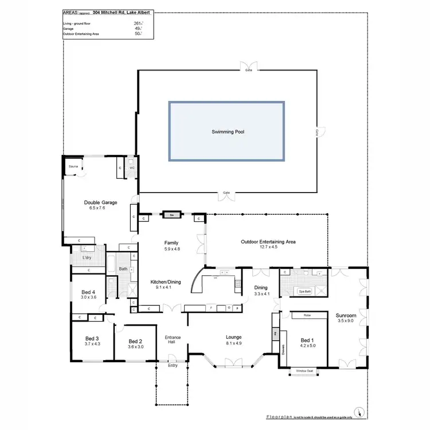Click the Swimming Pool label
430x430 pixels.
[x=226, y=132]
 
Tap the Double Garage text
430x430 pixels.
[x=100, y=202]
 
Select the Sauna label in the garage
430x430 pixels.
[x=73, y=166]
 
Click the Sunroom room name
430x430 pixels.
[x=346, y=315]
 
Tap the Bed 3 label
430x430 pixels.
[x=92, y=338]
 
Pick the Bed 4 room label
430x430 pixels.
[x=89, y=291]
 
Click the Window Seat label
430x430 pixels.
[x=304, y=371]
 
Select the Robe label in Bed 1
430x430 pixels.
[x=307, y=315]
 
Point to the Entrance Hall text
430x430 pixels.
[x=173, y=340]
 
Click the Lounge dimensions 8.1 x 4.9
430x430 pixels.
[x=233, y=344]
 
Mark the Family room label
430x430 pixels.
[x=172, y=243]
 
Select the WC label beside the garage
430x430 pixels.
[x=132, y=168]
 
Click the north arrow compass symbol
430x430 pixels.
[x=359, y=413]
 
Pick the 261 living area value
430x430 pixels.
[x=138, y=24]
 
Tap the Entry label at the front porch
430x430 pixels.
[x=173, y=365]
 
